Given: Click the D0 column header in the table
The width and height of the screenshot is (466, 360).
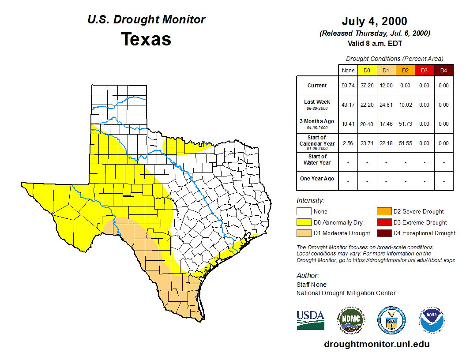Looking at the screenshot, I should click(367, 70).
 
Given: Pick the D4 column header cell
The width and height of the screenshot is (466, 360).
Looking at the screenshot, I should click(443, 70).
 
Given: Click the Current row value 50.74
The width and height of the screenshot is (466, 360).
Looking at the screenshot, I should click(348, 86).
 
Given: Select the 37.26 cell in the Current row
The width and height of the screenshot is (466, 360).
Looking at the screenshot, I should click(367, 86).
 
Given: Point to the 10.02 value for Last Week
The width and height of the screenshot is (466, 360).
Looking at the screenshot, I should click(405, 105).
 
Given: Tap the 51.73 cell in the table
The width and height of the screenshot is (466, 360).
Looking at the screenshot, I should click(405, 124).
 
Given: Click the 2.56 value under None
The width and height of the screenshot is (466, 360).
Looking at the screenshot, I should click(348, 143).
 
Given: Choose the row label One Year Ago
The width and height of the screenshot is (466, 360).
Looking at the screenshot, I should click(317, 179).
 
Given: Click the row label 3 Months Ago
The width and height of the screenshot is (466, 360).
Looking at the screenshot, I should click(317, 121).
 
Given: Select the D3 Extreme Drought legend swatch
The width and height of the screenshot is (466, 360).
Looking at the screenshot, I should click(383, 222).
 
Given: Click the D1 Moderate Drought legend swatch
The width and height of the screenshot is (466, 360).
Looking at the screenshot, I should click(304, 233).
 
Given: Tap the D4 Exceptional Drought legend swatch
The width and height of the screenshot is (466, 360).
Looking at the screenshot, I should click(383, 233).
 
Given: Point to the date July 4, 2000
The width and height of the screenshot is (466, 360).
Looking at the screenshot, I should click(374, 21).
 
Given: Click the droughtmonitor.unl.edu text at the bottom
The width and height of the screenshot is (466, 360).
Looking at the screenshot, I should click(376, 344).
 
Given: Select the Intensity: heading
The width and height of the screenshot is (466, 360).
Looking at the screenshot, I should click(310, 201).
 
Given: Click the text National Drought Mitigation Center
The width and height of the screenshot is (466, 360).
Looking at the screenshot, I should click(346, 293).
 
